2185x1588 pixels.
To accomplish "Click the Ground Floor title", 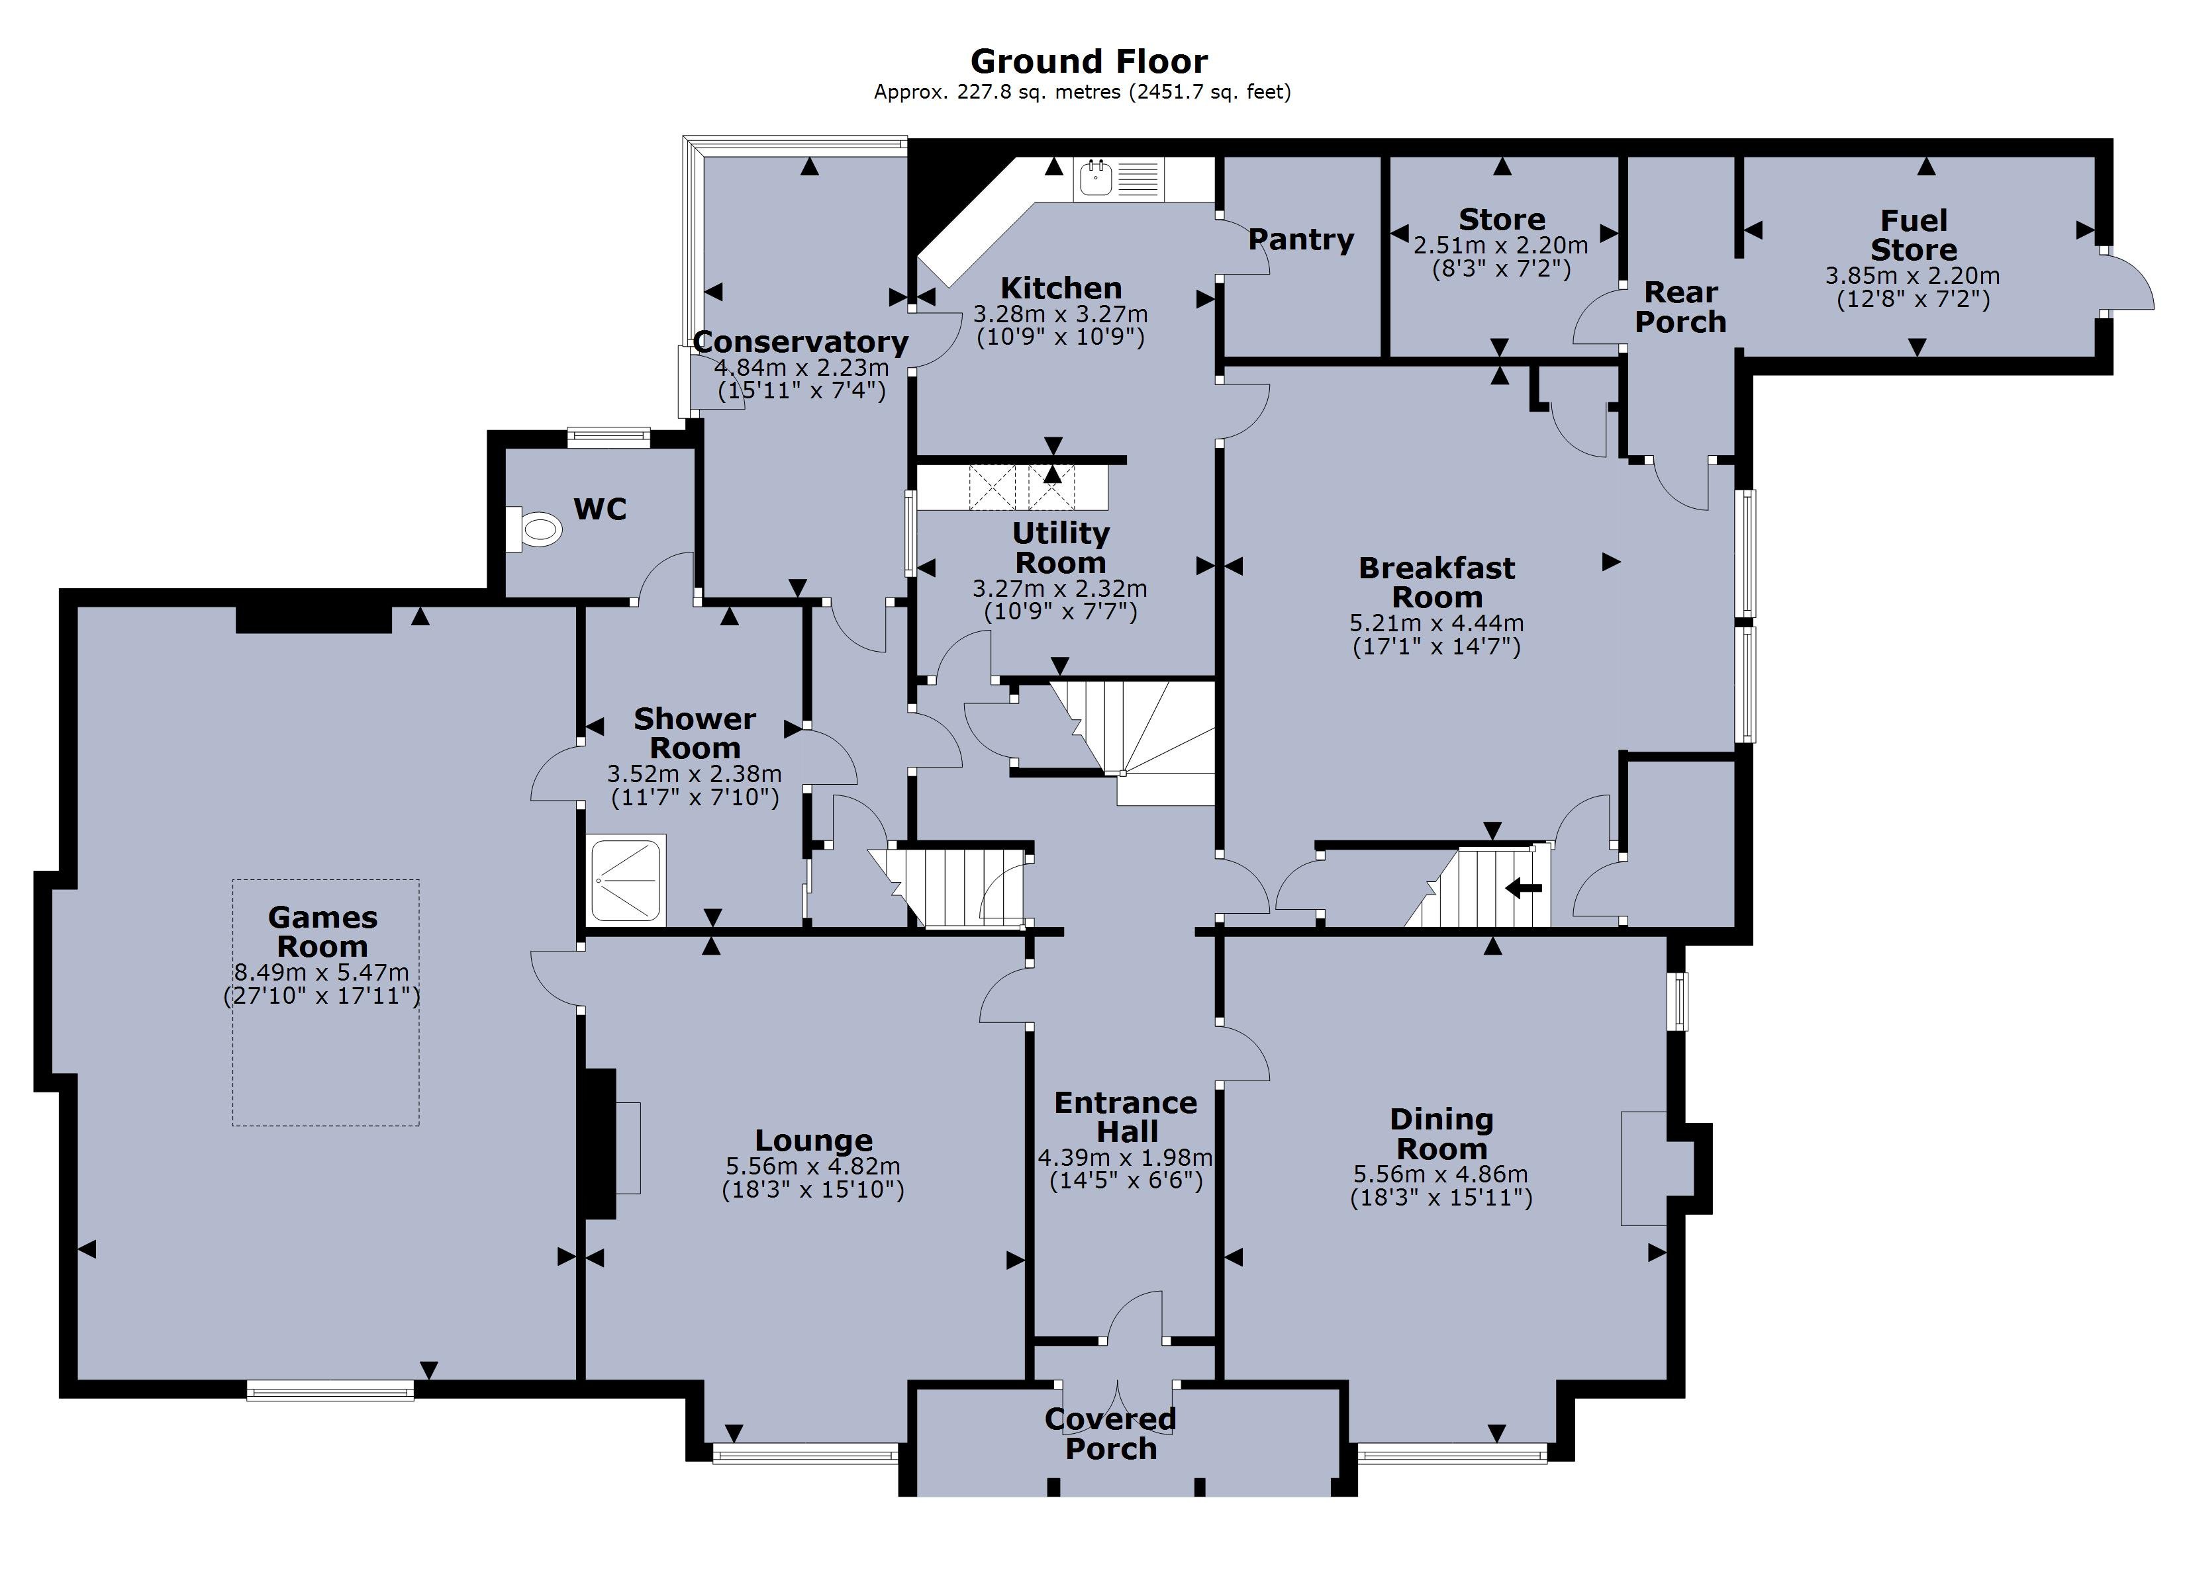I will [x=1088, y=62].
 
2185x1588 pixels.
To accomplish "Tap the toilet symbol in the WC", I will [x=535, y=529].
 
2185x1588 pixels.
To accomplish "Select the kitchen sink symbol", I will [x=1097, y=178].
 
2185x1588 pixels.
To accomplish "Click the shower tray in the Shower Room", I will [x=627, y=880].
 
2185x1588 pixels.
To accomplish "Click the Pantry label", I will [x=1300, y=240].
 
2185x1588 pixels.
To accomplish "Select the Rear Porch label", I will [x=1680, y=307].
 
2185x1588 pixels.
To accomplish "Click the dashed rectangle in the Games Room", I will [x=326, y=1002].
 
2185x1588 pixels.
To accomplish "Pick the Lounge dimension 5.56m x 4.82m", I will [x=813, y=1167].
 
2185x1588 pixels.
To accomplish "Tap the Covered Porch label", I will [x=1111, y=1433].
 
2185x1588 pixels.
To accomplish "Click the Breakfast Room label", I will [x=1435, y=583].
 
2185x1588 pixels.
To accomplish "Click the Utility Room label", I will [x=1060, y=548].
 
